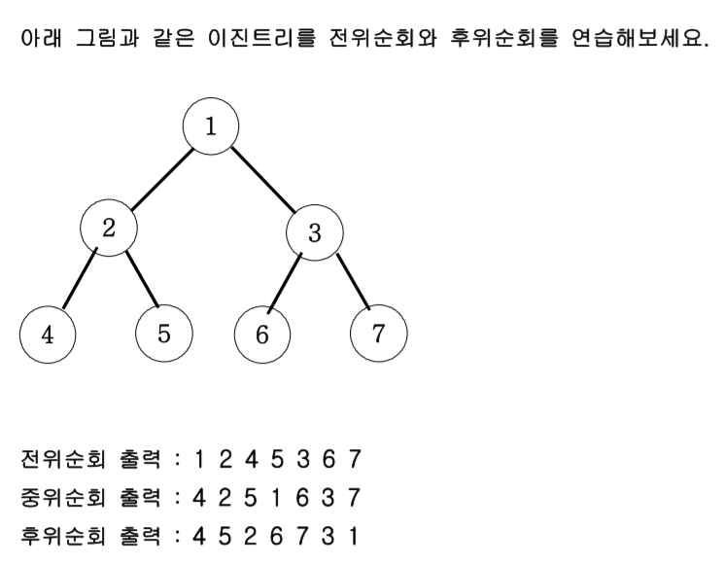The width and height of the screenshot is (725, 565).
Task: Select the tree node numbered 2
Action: [108, 228]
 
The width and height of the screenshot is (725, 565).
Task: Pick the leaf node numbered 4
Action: [48, 334]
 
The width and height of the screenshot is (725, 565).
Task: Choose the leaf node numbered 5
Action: [163, 334]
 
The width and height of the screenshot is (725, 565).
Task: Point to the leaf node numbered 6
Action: [262, 335]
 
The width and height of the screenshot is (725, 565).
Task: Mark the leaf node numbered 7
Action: [378, 334]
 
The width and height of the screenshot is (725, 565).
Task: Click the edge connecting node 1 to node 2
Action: [159, 178]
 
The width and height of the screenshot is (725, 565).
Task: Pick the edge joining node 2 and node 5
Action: [140, 282]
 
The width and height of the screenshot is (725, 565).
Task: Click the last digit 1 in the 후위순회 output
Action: [354, 537]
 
